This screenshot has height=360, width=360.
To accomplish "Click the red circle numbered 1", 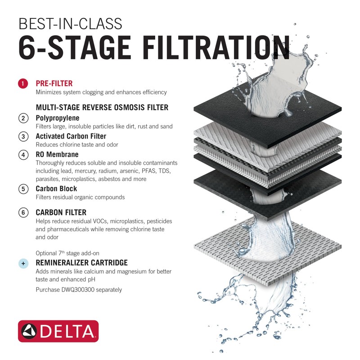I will (x=23, y=84).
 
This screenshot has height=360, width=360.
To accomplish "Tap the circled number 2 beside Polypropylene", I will (x=23, y=118).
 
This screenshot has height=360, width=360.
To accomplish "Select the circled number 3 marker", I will (x=23, y=136).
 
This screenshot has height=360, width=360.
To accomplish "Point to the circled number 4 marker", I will (x=23, y=155).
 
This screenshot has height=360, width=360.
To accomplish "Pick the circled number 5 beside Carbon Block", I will (x=23, y=189).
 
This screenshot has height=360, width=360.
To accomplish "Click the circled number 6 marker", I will (x=23, y=212).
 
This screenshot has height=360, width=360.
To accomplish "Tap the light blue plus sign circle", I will (x=23, y=263).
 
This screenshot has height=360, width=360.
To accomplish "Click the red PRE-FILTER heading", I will (x=54, y=84).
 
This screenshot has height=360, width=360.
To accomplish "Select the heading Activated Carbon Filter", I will (x=71, y=136).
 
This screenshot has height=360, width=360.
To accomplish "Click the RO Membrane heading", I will (x=57, y=154).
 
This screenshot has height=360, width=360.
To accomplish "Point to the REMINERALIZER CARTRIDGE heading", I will (x=81, y=263).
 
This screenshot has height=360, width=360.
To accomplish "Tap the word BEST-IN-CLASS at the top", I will (x=70, y=23).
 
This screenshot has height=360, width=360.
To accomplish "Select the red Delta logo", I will (x=58, y=331).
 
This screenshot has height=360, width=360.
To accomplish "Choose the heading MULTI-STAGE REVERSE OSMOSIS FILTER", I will (x=102, y=108).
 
